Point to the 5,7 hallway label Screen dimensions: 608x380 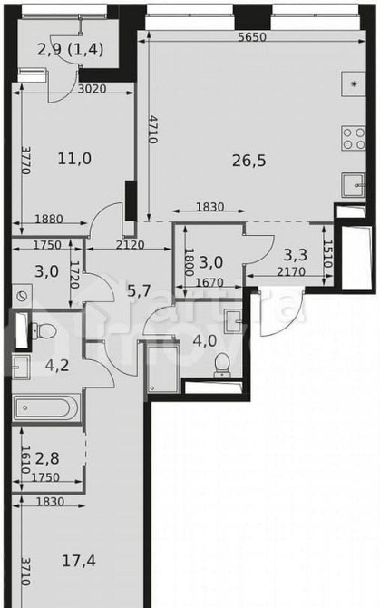(139, 290)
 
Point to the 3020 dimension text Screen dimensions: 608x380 (92, 89)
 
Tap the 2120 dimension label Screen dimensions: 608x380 (129, 244)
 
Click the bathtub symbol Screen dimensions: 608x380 (48, 407)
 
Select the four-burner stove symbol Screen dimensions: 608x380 (352, 138)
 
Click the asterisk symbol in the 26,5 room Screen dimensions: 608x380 (354, 84)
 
